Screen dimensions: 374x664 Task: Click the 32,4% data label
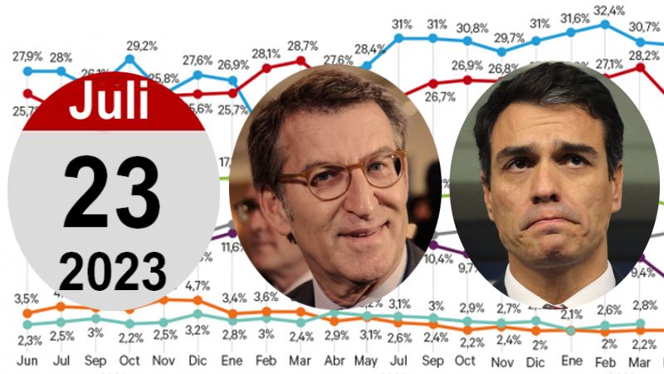coord(609,11)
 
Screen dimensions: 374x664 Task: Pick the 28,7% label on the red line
coord(300,44)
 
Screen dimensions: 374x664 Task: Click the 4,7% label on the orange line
coord(197,286)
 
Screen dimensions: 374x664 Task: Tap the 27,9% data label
coord(27,56)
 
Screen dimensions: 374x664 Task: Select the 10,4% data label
coord(438,258)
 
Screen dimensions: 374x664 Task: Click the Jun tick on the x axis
coord(27,361)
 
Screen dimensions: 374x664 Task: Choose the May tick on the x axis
coord(367,361)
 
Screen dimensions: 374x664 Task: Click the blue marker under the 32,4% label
coord(605,24)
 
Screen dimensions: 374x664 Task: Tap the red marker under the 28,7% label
coord(301,60)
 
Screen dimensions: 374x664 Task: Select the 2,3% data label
coord(27,339)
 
